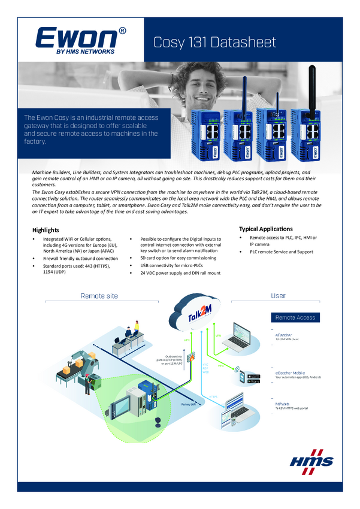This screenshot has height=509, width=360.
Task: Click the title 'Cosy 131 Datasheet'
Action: pos(215,42)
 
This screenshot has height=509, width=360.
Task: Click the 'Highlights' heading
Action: pos(46,230)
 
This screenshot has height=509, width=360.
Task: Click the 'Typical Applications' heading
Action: pos(265,229)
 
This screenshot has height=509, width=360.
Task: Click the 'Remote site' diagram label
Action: pos(99,296)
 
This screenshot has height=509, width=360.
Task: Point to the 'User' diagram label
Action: pos(278,296)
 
